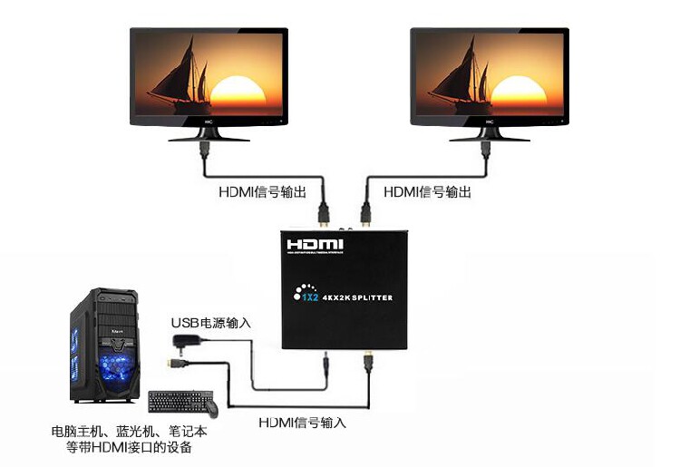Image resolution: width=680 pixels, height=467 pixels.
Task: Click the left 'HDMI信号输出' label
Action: click(x=262, y=192)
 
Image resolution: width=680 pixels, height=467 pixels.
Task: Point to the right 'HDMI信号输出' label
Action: click(x=428, y=192)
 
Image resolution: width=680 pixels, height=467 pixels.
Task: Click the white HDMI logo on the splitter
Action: click(x=315, y=245)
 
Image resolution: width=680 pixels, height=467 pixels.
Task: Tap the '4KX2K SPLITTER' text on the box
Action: click(x=357, y=297)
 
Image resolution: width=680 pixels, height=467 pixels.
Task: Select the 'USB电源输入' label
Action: click(x=211, y=323)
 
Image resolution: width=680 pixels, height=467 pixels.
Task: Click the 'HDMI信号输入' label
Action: click(x=302, y=423)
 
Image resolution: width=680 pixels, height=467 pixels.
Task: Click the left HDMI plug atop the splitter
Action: click(x=323, y=214)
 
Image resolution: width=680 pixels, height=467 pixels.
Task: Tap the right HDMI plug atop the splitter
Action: click(x=366, y=214)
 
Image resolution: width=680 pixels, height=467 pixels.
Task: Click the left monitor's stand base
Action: click(x=209, y=138)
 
